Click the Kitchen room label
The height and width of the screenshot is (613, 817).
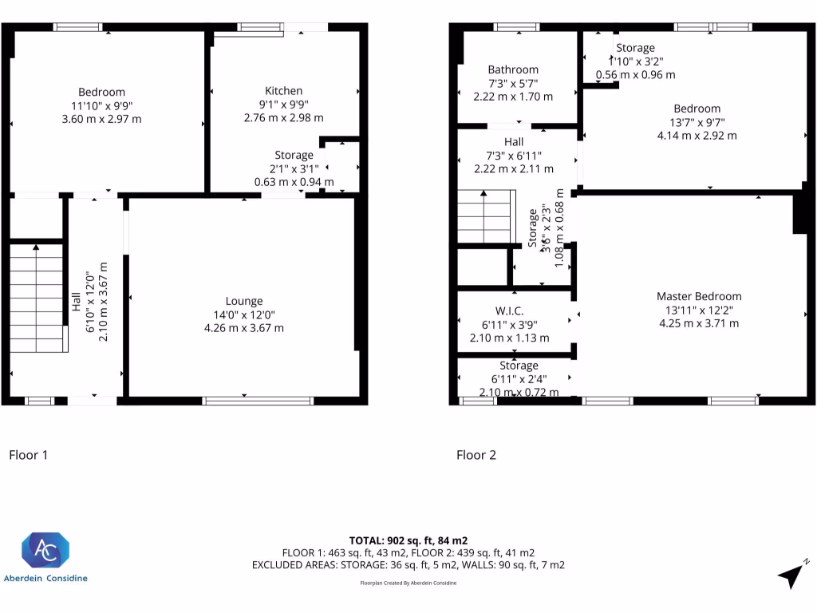coord(283,90)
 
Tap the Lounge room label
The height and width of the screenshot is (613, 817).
coord(243,301)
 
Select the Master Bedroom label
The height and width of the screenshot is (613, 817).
coord(698,296)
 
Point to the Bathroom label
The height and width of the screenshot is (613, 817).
coord(513,69)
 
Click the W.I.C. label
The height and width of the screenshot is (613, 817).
coord(508,310)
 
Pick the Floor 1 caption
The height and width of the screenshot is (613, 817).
coord(29,455)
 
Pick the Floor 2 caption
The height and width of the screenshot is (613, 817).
coord(476,455)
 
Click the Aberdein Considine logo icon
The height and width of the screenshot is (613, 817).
coord(45,551)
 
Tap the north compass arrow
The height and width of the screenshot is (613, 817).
coord(792,574)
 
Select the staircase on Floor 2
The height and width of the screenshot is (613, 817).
coord(484,216)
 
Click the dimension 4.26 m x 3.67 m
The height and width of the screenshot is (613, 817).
coord(243,328)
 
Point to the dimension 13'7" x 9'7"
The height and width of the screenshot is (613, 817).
coord(697,122)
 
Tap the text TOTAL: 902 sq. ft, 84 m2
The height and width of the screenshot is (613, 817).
coord(408,540)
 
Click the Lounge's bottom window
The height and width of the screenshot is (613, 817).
coord(258,401)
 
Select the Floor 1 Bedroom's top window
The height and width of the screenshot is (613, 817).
coord(77,27)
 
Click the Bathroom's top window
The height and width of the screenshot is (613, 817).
coord(516,27)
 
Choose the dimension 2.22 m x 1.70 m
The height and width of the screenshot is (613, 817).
coord(513,97)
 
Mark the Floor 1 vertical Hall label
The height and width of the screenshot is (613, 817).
coord(77,301)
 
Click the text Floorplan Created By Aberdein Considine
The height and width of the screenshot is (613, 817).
coord(408,583)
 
